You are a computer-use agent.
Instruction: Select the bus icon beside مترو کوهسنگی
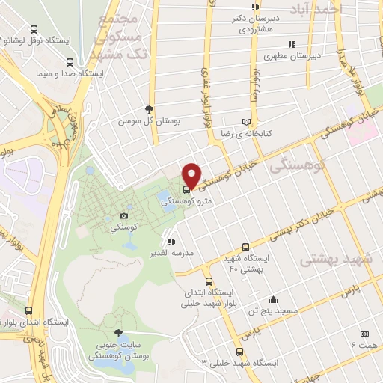pyautogui.click(x=186, y=189)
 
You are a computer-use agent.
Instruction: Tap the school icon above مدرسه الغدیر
pyautogui.click(x=171, y=242)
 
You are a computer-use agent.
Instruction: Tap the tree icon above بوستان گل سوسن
pyautogui.click(x=149, y=108)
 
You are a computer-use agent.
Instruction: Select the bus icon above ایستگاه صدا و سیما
pyautogui.click(x=70, y=63)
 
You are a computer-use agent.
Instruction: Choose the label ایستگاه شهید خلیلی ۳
pyautogui.click(x=239, y=362)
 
